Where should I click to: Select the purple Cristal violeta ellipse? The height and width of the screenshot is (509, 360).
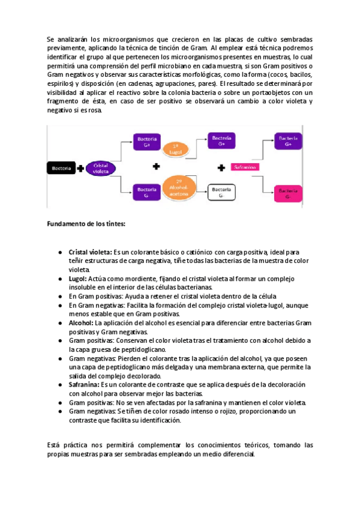[x=100, y=168]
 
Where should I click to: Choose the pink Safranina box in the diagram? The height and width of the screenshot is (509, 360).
[x=246, y=167]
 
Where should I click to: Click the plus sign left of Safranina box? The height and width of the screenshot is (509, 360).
[x=221, y=167]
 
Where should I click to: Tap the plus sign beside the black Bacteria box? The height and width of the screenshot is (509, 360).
[x=80, y=168]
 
